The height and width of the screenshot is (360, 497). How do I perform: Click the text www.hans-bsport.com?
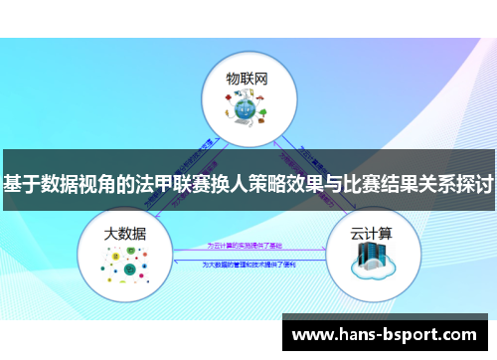(x=391, y=335)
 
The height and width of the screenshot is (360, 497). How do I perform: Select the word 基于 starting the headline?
(x=21, y=184)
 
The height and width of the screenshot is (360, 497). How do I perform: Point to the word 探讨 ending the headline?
(x=475, y=184)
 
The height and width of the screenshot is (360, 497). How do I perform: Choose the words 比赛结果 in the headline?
(x=380, y=184)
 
